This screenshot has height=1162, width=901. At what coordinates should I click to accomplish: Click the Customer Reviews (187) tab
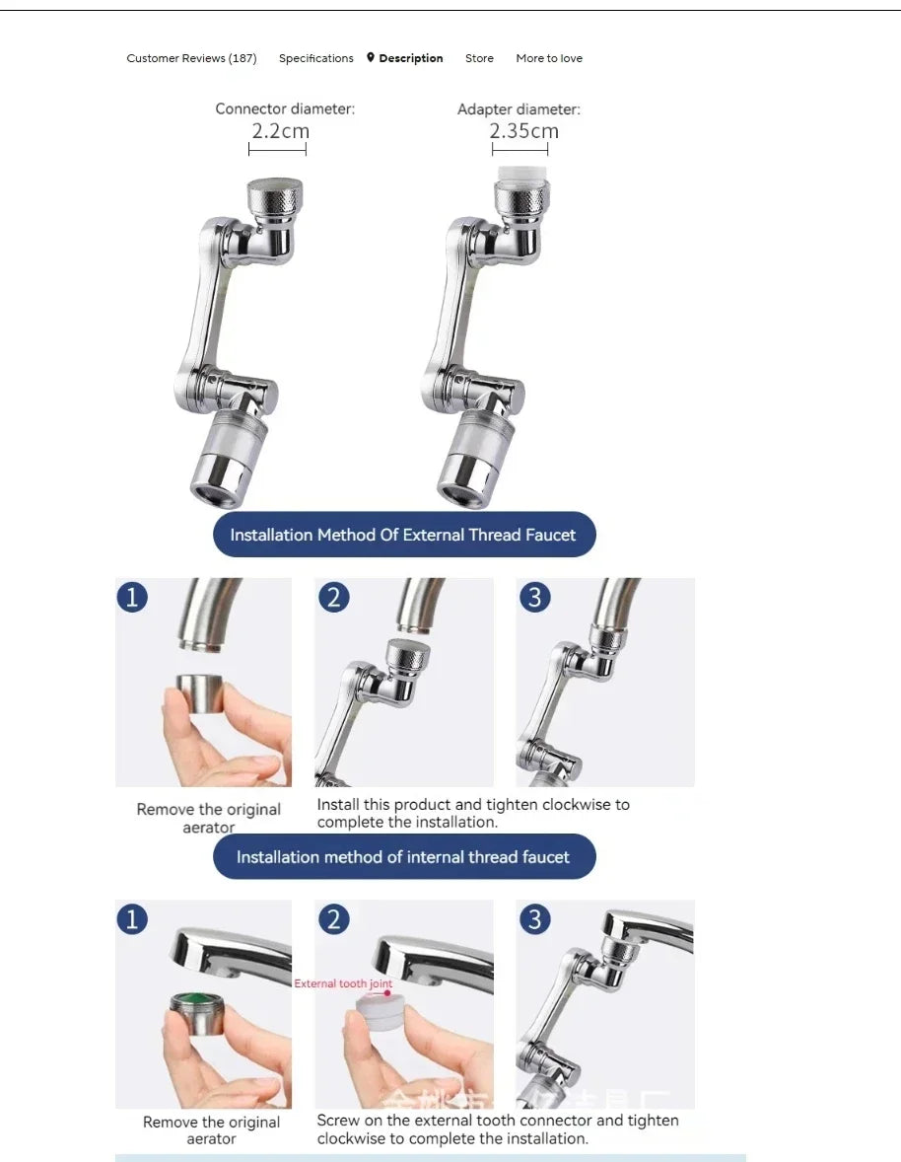pos(191,58)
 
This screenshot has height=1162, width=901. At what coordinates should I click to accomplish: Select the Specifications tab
pos(315,58)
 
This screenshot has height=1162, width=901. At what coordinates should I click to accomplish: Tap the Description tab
pos(410,58)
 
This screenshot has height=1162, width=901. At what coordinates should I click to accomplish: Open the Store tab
pos(479,58)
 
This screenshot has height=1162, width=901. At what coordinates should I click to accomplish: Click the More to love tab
pos(549,58)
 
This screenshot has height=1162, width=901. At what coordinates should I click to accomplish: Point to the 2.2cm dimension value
pos(280,131)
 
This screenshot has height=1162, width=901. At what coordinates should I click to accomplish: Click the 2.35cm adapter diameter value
pos(523,131)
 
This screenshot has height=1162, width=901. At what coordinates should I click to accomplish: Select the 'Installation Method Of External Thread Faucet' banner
pos(404,535)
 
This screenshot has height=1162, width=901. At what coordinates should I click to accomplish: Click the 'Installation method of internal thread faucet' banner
pos(404,856)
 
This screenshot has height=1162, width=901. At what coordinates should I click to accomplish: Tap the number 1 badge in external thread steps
pos(132,597)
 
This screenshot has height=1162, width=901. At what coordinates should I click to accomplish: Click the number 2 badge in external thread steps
pos(334,597)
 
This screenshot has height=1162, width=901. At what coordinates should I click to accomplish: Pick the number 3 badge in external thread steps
pos(534,597)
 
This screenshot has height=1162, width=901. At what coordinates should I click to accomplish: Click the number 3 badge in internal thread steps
pos(534,919)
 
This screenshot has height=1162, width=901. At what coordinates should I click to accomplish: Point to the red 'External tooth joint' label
pos(343,983)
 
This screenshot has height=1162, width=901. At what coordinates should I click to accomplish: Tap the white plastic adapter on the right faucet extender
pos(520,178)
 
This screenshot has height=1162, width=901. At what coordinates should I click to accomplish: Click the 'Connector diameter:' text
pos(285,109)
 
